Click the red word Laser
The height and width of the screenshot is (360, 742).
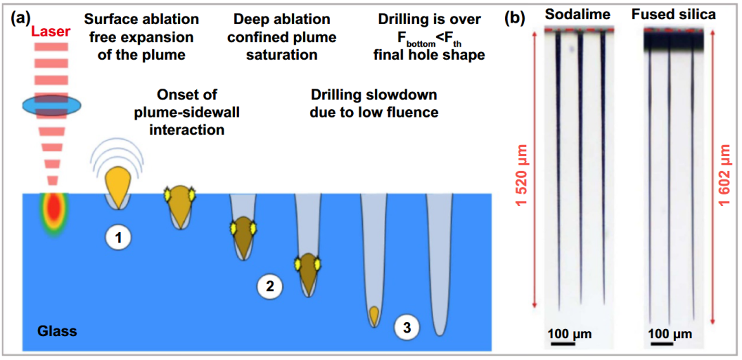coord(52,32)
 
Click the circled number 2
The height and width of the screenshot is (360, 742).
coord(270,286)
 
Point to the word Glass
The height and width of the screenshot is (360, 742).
coord(57,330)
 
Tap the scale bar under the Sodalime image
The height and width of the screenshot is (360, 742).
coord(562,343)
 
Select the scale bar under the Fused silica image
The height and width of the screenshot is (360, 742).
coord(661,343)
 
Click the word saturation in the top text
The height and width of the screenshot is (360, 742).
coord(284,55)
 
